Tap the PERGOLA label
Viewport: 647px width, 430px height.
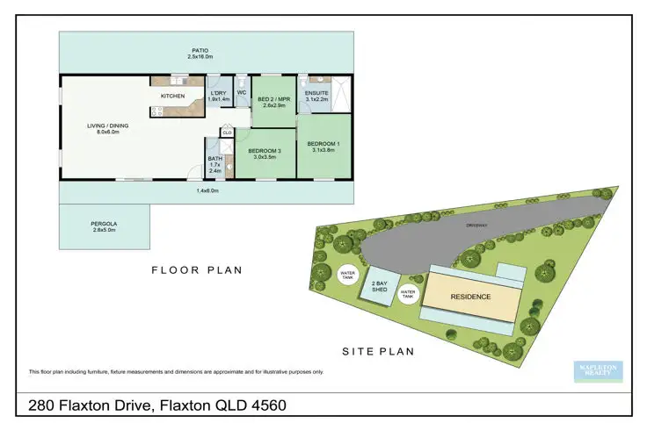tap(104, 224)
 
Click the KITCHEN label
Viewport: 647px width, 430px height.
tap(171, 96)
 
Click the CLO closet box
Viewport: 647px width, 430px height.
tap(227, 133)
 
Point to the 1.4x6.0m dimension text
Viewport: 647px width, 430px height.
tap(207, 190)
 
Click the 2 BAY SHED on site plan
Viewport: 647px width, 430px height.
tap(379, 285)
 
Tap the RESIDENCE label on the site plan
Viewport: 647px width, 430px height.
tap(470, 296)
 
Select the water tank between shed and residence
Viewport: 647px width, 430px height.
tap(408, 293)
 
